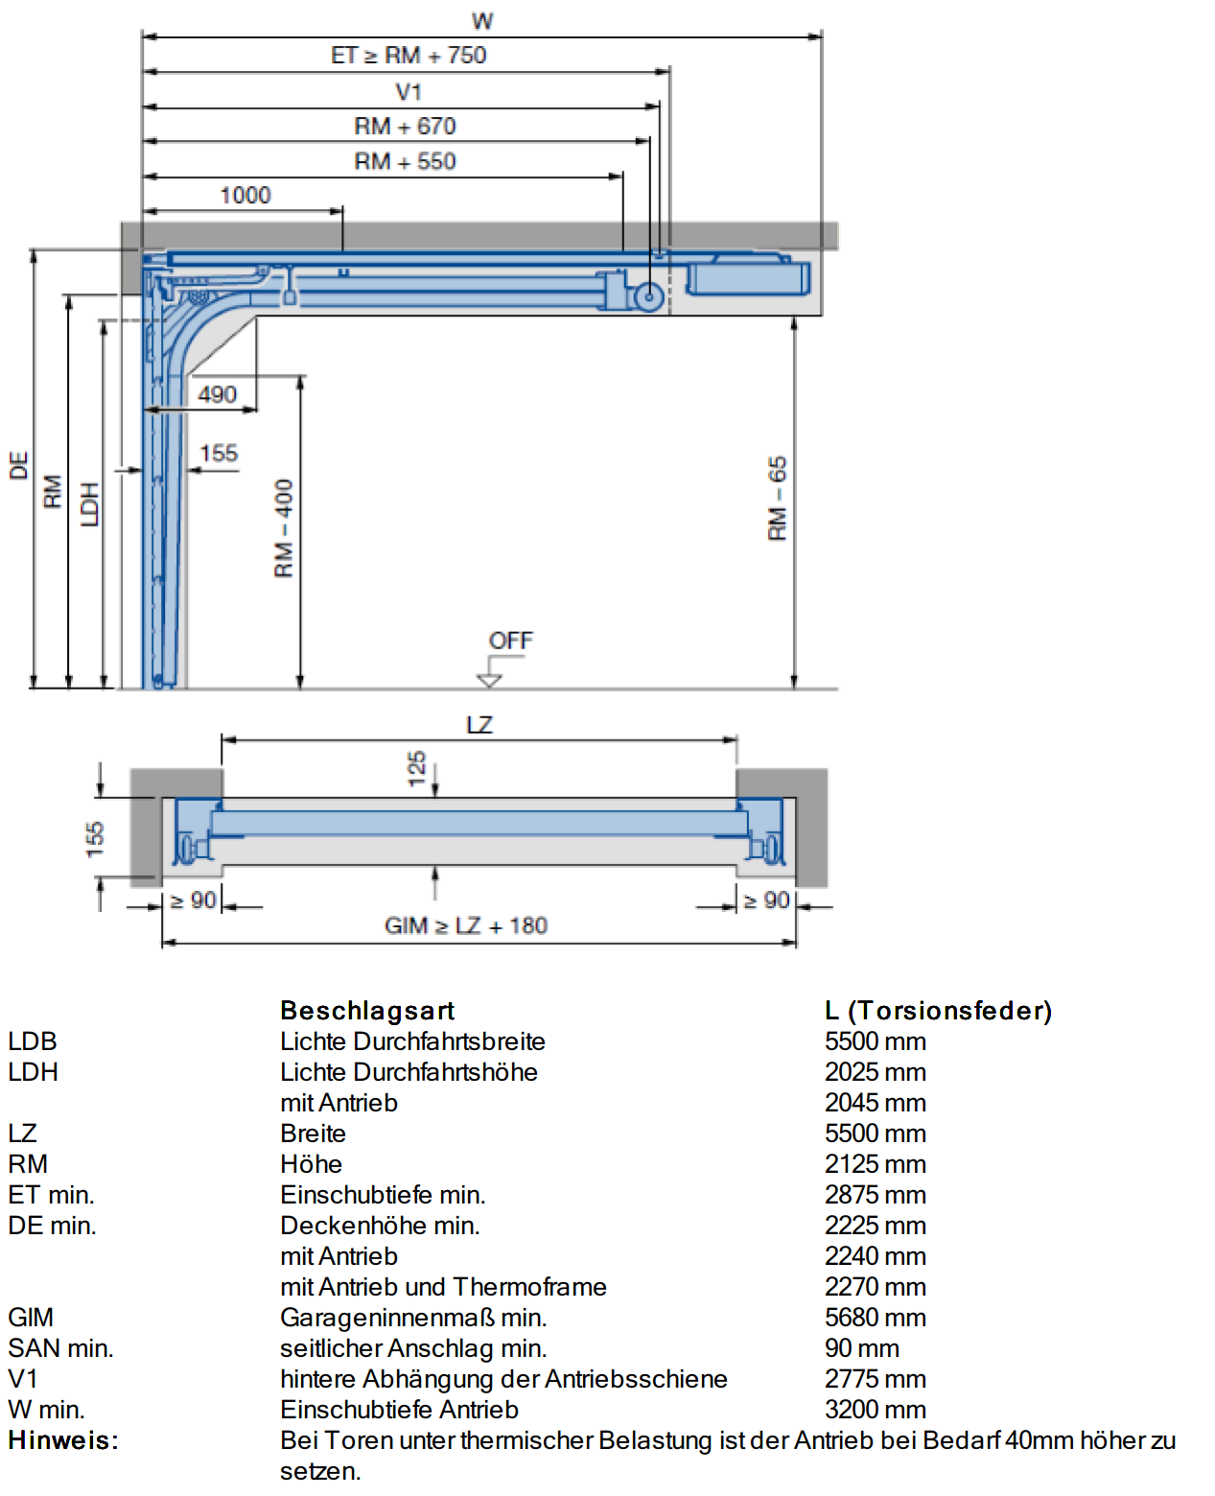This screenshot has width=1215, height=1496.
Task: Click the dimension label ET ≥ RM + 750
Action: click(409, 55)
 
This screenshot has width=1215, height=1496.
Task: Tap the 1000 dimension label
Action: click(245, 195)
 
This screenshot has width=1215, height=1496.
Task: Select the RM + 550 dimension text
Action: click(405, 161)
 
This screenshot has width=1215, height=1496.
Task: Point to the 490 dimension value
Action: click(217, 394)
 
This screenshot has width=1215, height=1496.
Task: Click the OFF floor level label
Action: click(510, 640)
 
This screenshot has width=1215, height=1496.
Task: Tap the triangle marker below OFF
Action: click(489, 680)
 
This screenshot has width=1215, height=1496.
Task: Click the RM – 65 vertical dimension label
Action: click(778, 498)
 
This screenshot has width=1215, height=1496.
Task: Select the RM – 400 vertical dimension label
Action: click(283, 527)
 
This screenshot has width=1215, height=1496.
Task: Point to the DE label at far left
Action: click(18, 465)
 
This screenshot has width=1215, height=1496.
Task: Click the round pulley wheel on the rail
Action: click(649, 296)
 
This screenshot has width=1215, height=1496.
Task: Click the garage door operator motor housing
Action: click(748, 278)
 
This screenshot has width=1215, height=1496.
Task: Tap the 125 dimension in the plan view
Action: click(416, 768)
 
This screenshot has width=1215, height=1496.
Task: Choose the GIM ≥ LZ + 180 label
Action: click(466, 925)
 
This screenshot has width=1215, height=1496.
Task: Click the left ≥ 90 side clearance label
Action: click(193, 900)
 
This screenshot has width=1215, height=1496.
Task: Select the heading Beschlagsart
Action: click(367, 1010)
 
